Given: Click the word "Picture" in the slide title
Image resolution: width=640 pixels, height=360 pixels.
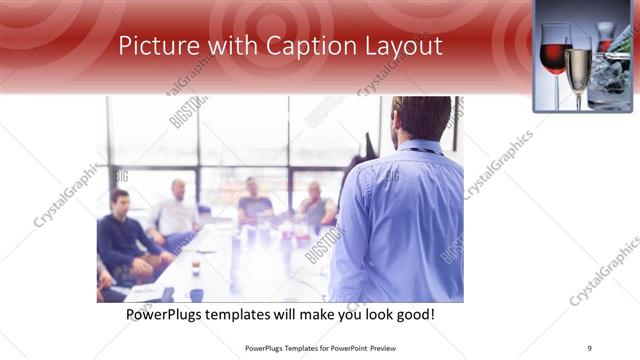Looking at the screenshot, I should coord(150,46).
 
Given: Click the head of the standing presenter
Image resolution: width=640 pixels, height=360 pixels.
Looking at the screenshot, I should coord(419,118).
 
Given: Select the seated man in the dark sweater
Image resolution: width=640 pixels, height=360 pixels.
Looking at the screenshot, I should coord(126,235).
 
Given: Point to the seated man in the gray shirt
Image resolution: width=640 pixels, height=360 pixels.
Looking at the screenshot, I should coord(316,206).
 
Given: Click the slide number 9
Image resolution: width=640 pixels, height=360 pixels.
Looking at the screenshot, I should coord(590,348).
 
